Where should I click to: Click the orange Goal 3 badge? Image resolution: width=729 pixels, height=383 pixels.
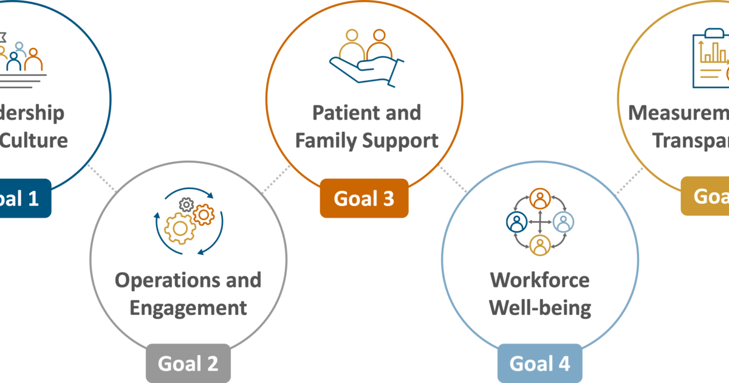click(x=364, y=199)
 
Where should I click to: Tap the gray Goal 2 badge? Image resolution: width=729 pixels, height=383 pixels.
click(x=188, y=364)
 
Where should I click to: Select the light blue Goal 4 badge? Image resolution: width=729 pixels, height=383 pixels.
click(x=539, y=364)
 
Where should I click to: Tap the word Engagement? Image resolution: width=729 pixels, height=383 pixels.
click(x=188, y=308)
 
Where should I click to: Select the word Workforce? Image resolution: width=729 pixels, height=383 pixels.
click(x=539, y=280)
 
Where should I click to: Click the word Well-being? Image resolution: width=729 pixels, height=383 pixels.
click(x=539, y=308)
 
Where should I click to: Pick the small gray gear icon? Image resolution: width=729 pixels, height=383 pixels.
click(x=187, y=205)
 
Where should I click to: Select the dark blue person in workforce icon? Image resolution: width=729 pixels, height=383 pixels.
click(x=516, y=222)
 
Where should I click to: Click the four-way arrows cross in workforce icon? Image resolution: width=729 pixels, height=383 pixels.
click(x=539, y=222)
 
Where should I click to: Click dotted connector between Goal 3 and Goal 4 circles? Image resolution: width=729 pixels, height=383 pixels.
click(x=453, y=180)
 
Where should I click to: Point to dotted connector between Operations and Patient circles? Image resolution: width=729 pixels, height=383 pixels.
click(x=276, y=179)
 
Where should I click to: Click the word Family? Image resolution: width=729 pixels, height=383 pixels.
click(x=326, y=141)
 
